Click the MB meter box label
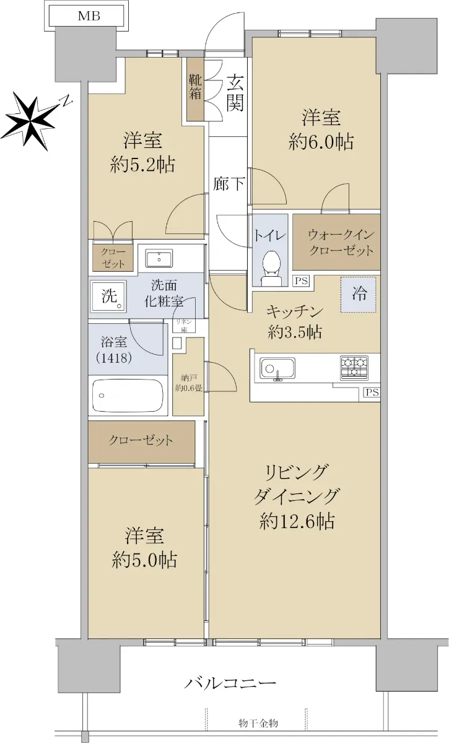point(89,16)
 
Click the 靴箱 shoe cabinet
point(195,90)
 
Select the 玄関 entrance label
point(235,92)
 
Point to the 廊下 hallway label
point(229,183)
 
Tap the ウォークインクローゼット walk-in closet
point(336,241)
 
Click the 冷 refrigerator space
point(358,294)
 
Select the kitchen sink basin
point(277,368)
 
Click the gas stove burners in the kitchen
point(354,368)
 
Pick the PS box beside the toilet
point(302,281)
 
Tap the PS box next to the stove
point(372,393)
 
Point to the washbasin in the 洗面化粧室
point(159,258)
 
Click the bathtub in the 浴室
point(128,395)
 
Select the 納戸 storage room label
point(188,383)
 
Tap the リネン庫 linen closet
point(184,325)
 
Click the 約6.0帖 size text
point(321,141)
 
